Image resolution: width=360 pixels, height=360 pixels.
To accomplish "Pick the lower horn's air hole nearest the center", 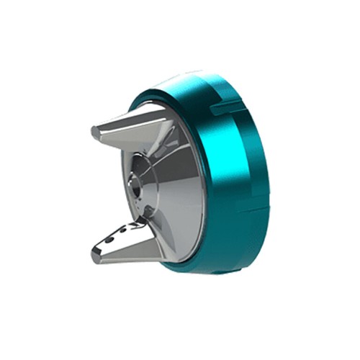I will (134, 225).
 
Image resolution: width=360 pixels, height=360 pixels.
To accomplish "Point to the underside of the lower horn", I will (130, 256).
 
